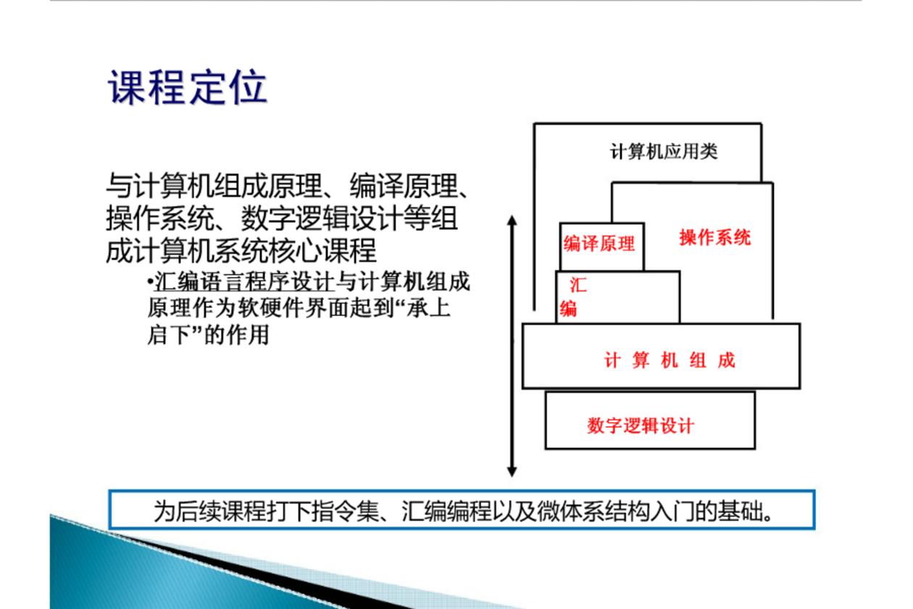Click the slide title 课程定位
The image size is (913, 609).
[x=188, y=87]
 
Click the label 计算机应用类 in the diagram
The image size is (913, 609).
[x=664, y=152]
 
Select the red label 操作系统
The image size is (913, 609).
[x=715, y=237]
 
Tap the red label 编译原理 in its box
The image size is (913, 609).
[x=599, y=244]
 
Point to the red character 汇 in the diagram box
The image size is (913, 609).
[x=578, y=285]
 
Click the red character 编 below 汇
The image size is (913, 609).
[x=568, y=308]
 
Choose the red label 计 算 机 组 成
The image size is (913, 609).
[x=670, y=360]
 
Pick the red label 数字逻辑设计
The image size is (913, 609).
[x=641, y=426]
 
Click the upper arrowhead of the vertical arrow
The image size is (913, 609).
[x=512, y=220]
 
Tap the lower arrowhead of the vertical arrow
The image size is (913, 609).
[x=512, y=471]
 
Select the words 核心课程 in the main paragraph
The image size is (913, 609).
[x=322, y=250]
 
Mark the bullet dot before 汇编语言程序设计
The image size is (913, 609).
[x=151, y=281]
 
